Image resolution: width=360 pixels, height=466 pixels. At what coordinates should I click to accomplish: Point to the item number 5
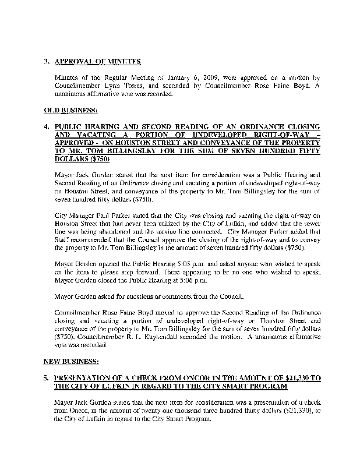[46, 378]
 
